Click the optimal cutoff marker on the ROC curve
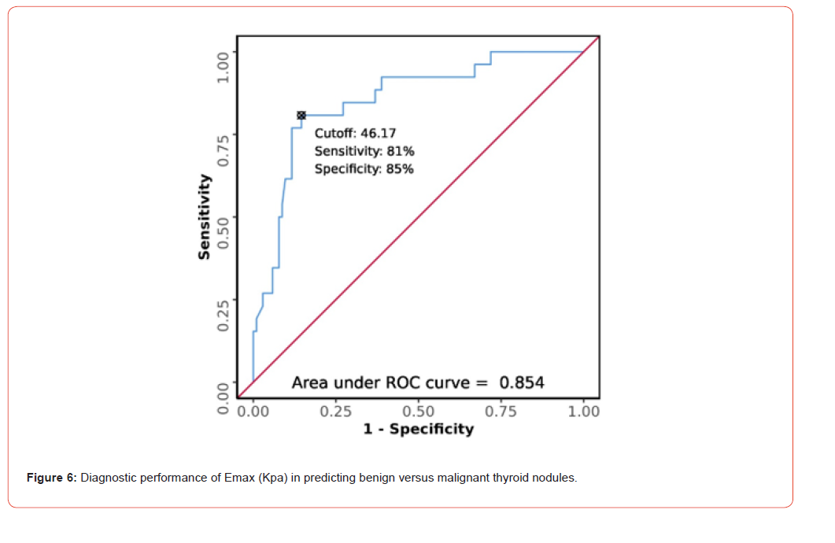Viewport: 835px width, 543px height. pyautogui.click(x=301, y=115)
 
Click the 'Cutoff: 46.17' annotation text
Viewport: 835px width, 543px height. pyautogui.click(x=355, y=134)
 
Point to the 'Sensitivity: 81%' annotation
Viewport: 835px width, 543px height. pyautogui.click(x=364, y=151)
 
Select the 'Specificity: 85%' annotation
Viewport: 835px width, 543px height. pyautogui.click(x=364, y=168)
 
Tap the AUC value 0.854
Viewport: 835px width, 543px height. pyautogui.click(x=522, y=383)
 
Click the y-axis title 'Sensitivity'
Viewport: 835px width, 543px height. pyautogui.click(x=205, y=217)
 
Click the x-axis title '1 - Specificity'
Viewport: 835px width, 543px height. pyautogui.click(x=419, y=429)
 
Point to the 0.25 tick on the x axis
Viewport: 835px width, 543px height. pyautogui.click(x=335, y=411)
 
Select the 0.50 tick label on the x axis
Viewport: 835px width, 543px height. pyautogui.click(x=418, y=411)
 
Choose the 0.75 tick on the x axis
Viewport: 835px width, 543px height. pyautogui.click(x=501, y=411)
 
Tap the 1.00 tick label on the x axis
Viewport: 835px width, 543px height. pyautogui.click(x=583, y=411)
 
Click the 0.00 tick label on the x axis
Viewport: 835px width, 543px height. pyautogui.click(x=253, y=411)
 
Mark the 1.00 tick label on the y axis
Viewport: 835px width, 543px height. pyautogui.click(x=224, y=66)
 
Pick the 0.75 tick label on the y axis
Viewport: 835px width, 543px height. pyautogui.click(x=224, y=150)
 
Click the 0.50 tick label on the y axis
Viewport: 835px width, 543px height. pyautogui.click(x=224, y=233)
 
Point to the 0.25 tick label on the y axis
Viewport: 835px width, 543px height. pyautogui.click(x=224, y=316)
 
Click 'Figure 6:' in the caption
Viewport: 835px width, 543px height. pyautogui.click(x=52, y=478)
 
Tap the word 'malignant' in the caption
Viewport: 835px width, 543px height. pyautogui.click(x=466, y=478)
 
